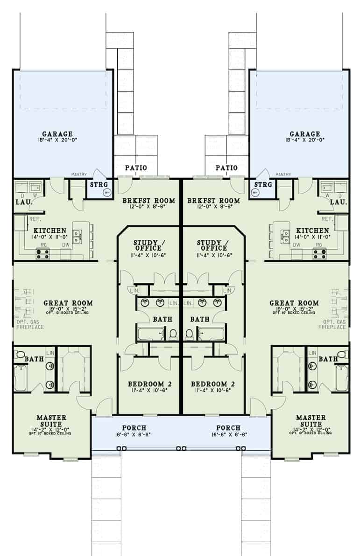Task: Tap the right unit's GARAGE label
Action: point(305,134)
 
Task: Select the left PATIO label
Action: point(135,168)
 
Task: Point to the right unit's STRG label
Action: point(264,185)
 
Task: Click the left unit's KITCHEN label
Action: point(50,231)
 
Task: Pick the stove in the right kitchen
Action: point(320,254)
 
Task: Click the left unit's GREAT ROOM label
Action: point(68,303)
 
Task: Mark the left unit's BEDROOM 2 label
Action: point(150,384)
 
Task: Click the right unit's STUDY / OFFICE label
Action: point(212,245)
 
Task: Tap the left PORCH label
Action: point(134,427)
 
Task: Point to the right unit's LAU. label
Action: point(338,202)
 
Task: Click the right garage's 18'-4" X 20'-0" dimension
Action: point(305,140)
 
